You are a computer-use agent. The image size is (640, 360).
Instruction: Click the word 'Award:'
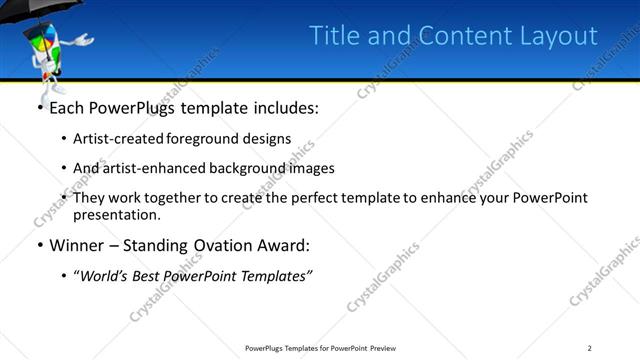coord(287,245)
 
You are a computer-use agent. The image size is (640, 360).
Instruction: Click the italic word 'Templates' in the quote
coord(276,275)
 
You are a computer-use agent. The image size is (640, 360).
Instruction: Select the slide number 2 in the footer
coord(590,347)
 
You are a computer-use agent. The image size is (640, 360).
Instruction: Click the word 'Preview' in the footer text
coord(382,347)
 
